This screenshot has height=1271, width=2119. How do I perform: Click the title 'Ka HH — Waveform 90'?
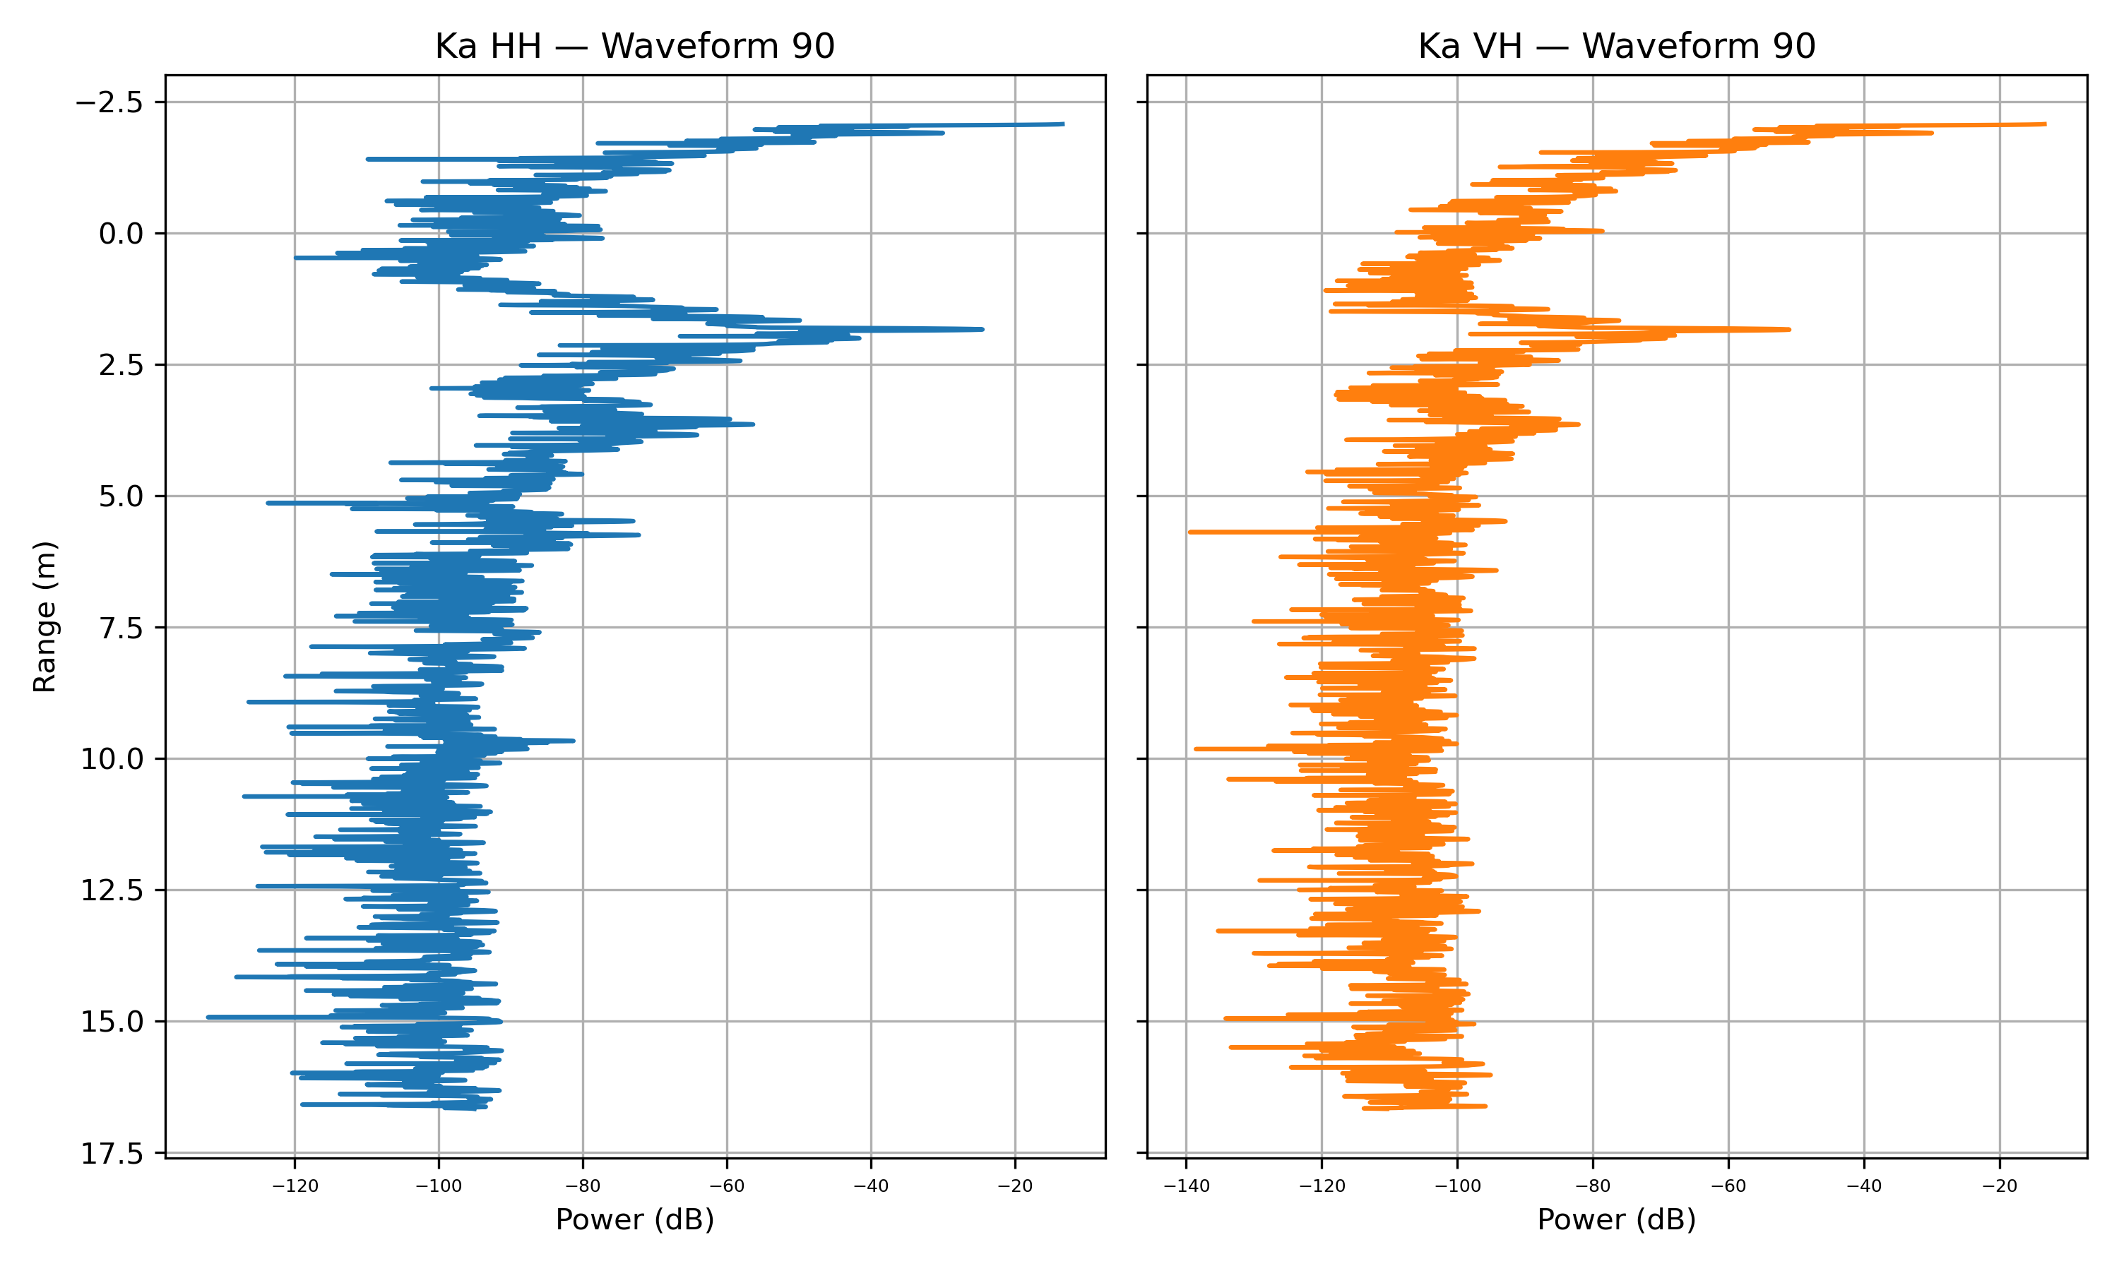pyautogui.click(x=635, y=46)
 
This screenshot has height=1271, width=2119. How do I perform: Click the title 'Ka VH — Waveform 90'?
pyautogui.click(x=1616, y=46)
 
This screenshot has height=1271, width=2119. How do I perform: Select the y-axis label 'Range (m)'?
pyautogui.click(x=44, y=616)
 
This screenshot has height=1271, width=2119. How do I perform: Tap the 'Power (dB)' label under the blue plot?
pyautogui.click(x=635, y=1219)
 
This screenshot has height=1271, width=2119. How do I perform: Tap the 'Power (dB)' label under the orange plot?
pyautogui.click(x=1616, y=1219)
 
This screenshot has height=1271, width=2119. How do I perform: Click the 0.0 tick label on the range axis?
pyautogui.click(x=121, y=234)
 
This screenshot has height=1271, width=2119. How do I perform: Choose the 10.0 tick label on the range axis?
pyautogui.click(x=112, y=759)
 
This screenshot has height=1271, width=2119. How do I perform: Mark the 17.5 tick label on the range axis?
pyautogui.click(x=112, y=1154)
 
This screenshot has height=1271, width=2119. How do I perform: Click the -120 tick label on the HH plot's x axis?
pyautogui.click(x=295, y=1186)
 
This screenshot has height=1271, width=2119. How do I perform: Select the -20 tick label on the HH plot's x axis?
pyautogui.click(x=1015, y=1186)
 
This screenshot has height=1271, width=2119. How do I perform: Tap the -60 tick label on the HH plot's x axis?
pyautogui.click(x=728, y=1186)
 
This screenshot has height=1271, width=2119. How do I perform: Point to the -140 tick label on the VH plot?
pyautogui.click(x=1186, y=1186)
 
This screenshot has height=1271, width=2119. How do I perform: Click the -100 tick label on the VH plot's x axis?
pyautogui.click(x=1457, y=1186)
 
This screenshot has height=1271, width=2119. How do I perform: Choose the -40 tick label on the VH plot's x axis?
pyautogui.click(x=1864, y=1186)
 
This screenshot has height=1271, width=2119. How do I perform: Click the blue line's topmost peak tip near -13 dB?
pyautogui.click(x=1062, y=124)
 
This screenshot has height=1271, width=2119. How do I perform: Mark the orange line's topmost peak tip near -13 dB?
pyautogui.click(x=2045, y=124)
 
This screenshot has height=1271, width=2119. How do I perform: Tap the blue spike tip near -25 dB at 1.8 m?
pyautogui.click(x=982, y=329)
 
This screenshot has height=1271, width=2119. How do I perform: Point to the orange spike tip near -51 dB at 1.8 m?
pyautogui.click(x=1788, y=329)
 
